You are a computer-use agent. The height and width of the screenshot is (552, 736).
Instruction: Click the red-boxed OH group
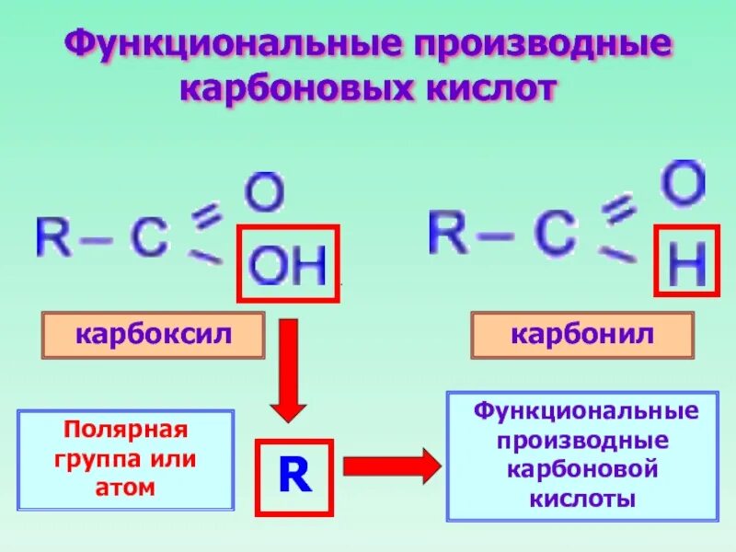coord(289,264)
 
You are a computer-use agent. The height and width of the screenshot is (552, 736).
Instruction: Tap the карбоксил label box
coord(153,334)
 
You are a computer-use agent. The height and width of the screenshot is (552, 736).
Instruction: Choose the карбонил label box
coord(582,334)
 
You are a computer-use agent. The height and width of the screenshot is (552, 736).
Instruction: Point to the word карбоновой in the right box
coord(582,469)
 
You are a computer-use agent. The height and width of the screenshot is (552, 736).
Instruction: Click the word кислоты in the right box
coord(582,499)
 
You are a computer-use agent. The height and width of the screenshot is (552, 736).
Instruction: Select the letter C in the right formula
coord(554,235)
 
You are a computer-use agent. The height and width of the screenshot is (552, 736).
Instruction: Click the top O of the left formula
coord(264,193)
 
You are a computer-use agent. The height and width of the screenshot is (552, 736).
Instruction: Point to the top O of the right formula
coord(684,184)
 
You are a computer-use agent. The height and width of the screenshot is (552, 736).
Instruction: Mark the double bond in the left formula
coord(208,218)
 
